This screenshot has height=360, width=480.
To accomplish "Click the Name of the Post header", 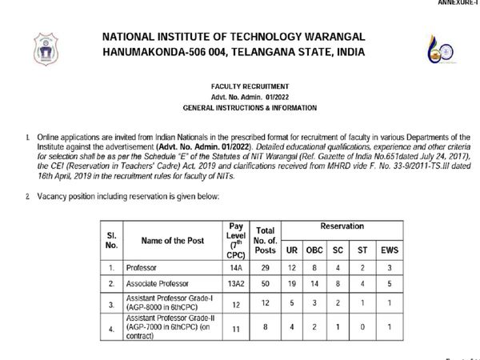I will [x=173, y=240].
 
